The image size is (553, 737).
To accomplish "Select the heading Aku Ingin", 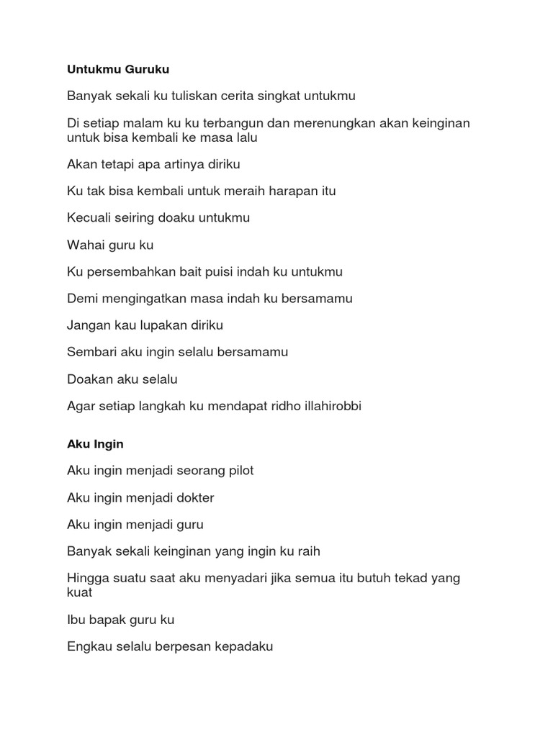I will (95, 444).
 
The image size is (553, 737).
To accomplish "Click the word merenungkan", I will (341, 123).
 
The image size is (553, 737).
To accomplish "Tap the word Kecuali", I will (90, 218).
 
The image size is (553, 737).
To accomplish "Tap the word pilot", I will (239, 471).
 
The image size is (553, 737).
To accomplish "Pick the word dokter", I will (193, 497).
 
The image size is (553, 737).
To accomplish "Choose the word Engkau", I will (89, 646).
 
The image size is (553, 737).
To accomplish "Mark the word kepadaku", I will (242, 646).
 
